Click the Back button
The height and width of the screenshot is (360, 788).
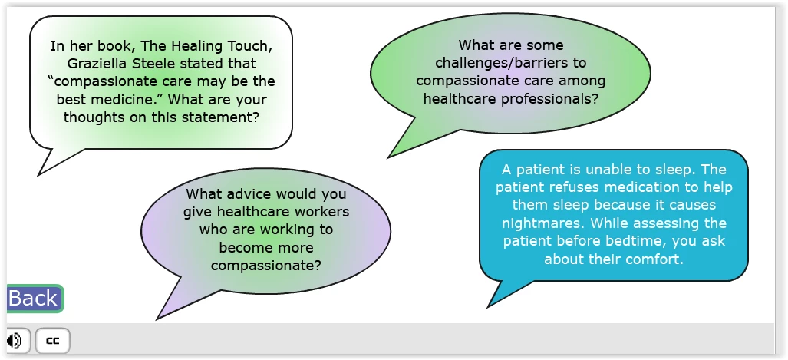tap(35, 299)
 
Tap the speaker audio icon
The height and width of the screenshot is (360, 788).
tap(15, 341)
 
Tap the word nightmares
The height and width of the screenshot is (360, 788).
tap(544, 223)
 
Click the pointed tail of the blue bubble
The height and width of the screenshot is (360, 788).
tap(488, 307)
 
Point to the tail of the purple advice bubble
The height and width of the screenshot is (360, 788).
tap(157, 319)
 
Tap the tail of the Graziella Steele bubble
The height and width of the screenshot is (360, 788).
tap(38, 175)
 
